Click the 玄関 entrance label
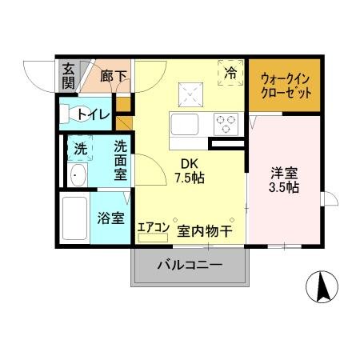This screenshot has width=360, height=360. [69, 76]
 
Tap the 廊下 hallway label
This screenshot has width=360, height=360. [114, 76]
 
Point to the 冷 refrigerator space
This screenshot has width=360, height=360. [230, 73]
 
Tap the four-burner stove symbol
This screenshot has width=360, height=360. [226, 124]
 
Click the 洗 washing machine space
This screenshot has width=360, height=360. [80, 147]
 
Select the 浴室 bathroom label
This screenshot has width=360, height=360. [109, 217]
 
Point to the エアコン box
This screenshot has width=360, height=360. [153, 228]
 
